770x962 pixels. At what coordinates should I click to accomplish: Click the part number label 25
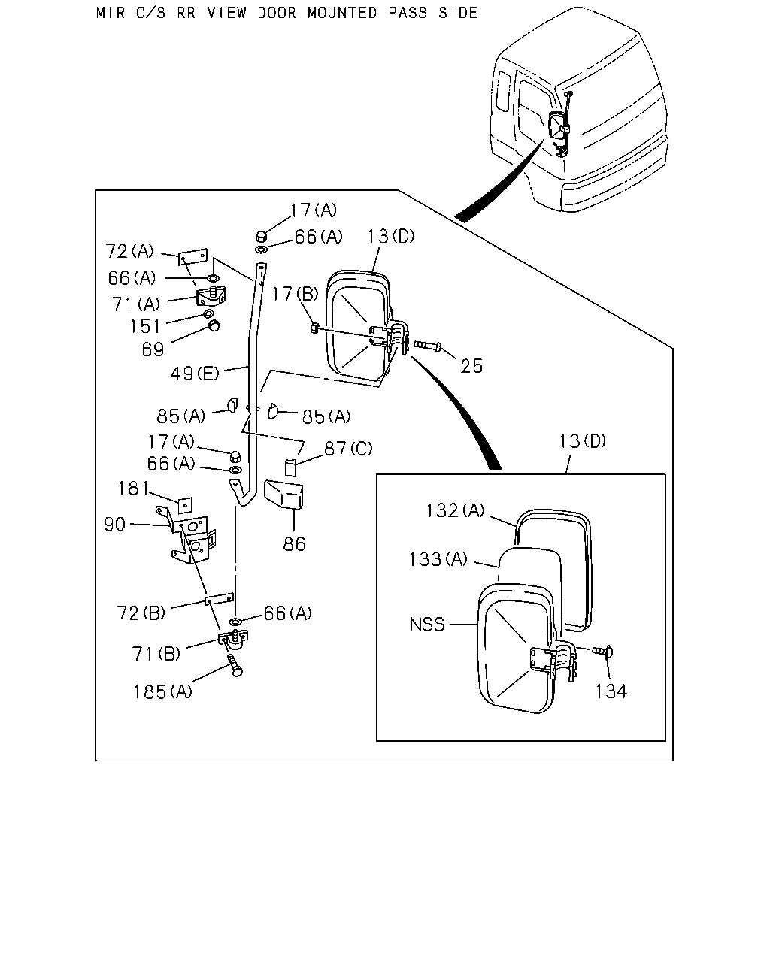471,366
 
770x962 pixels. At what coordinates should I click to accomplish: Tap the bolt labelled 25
428,345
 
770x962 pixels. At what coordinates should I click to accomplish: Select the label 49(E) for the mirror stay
195,374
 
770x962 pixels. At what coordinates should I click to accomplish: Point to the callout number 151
144,326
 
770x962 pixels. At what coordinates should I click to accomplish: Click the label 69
153,349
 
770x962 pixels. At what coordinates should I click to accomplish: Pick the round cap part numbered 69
214,325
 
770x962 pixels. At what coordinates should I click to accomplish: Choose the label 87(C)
348,449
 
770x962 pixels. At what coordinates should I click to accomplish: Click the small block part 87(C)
291,467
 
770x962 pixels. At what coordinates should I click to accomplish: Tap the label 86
294,544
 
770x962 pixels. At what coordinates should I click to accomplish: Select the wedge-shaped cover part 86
283,495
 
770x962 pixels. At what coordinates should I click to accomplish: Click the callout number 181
133,489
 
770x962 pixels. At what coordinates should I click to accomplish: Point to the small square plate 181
185,506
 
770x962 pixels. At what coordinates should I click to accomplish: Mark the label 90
114,525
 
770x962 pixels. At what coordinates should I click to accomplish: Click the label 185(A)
163,692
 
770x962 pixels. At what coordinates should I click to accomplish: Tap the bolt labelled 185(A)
235,666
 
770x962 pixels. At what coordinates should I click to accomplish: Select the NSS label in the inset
427,625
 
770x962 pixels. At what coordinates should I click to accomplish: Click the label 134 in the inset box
611,691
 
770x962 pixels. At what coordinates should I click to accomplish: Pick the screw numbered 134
602,651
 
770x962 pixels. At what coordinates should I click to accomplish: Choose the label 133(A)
438,559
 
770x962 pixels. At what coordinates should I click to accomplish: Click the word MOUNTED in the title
342,13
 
